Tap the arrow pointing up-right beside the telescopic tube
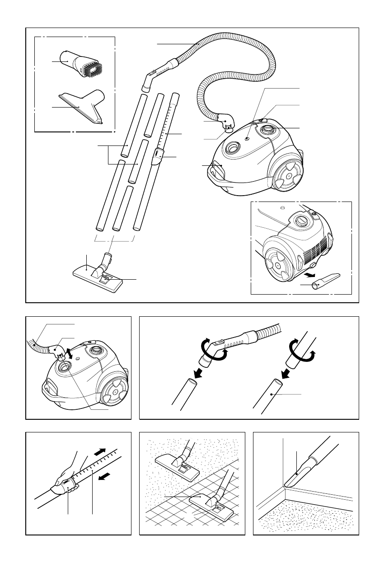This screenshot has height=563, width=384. tap(101, 452)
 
